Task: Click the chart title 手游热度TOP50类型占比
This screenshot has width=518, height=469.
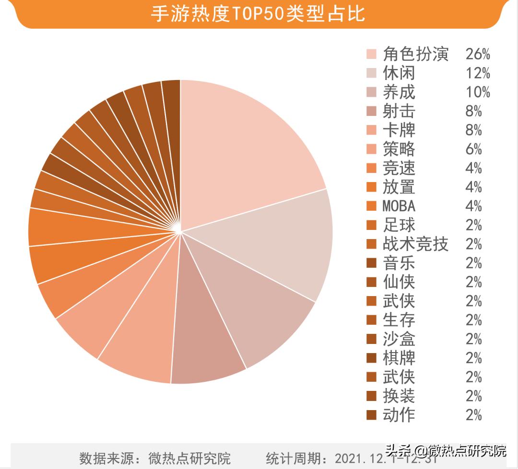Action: [x=258, y=13]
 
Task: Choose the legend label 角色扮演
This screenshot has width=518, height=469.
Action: [x=415, y=54]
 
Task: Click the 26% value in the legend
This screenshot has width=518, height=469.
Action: [x=478, y=54]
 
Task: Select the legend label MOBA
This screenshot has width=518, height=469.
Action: [x=399, y=206]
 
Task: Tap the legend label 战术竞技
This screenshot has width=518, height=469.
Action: [x=415, y=244]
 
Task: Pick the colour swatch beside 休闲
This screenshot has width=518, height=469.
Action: [x=371, y=73]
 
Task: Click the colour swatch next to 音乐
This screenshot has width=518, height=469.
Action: [x=371, y=263]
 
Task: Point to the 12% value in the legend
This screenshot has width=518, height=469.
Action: [x=478, y=73]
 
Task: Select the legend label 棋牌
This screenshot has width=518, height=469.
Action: [x=399, y=358]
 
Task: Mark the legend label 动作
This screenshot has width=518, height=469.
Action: [x=399, y=415]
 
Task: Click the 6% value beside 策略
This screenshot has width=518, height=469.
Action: [x=473, y=149]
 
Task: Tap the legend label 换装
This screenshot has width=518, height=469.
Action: [x=399, y=396]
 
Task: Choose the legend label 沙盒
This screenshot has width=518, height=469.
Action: [x=399, y=339]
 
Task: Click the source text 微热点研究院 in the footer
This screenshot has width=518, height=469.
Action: [x=189, y=458]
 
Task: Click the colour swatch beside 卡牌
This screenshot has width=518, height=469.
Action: [x=371, y=130]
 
